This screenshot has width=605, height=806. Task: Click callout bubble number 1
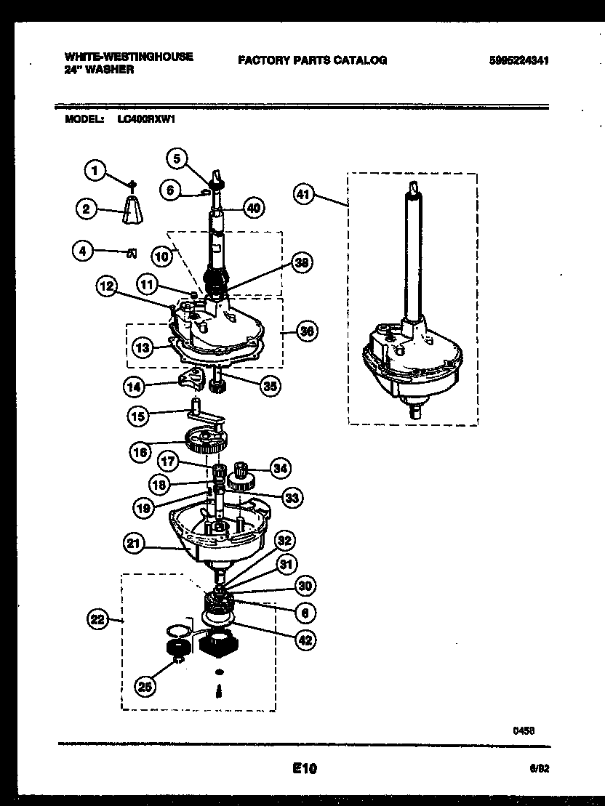(x=94, y=170)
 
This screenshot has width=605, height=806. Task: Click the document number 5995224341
(x=518, y=61)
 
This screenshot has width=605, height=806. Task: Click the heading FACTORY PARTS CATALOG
(x=312, y=60)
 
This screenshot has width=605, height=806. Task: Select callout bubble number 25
(x=145, y=685)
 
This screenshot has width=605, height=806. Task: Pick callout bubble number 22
(x=97, y=619)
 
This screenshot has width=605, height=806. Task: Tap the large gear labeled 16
(x=207, y=440)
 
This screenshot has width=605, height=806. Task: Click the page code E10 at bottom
(x=305, y=767)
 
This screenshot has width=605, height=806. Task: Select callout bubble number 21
(x=135, y=543)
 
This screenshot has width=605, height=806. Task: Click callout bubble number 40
(x=252, y=208)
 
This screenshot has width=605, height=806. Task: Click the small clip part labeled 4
(x=132, y=252)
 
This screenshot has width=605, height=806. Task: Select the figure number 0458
(x=524, y=732)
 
